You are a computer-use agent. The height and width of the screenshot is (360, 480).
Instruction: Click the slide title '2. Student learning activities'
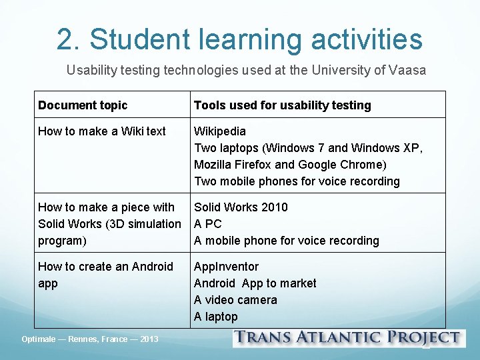(239, 39)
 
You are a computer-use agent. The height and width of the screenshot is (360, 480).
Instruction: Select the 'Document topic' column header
(83, 105)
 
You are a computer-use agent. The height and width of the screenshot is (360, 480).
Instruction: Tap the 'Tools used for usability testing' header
(282, 105)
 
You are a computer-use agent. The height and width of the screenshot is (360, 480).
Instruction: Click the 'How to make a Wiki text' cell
(102, 131)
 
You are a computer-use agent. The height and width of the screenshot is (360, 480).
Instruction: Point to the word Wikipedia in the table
(220, 131)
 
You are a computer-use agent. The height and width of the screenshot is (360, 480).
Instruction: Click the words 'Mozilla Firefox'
(233, 165)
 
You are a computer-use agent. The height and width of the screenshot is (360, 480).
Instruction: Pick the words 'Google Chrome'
(340, 165)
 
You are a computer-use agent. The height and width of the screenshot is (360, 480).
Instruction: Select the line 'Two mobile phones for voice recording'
(297, 181)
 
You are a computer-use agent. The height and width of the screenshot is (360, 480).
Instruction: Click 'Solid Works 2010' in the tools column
(241, 207)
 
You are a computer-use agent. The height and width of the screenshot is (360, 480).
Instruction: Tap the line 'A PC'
(207, 224)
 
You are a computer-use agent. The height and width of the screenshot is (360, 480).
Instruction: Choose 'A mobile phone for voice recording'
(286, 241)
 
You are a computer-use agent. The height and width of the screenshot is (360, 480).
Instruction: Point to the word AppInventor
(226, 267)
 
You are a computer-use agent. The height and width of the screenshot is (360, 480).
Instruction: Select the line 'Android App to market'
(255, 283)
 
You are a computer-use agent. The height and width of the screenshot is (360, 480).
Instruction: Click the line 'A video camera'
(235, 300)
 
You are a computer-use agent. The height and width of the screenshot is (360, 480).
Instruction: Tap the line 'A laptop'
(215, 317)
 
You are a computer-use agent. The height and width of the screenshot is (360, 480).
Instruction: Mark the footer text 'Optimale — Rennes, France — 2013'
(90, 339)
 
